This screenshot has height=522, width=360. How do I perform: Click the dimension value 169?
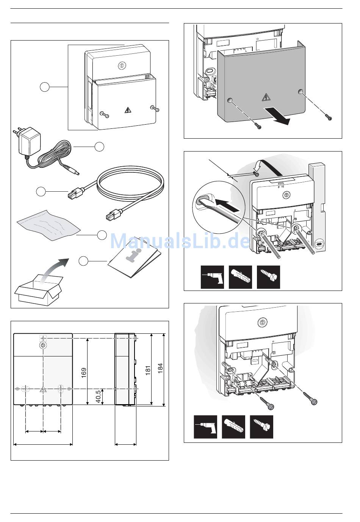84,372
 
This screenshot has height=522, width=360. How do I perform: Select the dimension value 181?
148,370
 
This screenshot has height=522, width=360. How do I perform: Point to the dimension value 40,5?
98,396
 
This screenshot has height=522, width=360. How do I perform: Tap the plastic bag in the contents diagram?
49,227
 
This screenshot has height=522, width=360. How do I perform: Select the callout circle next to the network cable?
41,191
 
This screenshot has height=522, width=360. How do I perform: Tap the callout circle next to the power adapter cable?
99,147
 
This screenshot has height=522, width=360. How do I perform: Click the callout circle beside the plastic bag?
102,235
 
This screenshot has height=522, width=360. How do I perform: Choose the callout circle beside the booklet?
84,261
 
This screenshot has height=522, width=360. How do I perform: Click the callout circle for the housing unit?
45,87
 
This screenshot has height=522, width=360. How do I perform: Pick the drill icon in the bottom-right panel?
205,427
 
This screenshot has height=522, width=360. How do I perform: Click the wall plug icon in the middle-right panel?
241,277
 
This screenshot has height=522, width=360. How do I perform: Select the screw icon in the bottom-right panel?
261,427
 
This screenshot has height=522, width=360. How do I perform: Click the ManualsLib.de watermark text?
180,241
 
